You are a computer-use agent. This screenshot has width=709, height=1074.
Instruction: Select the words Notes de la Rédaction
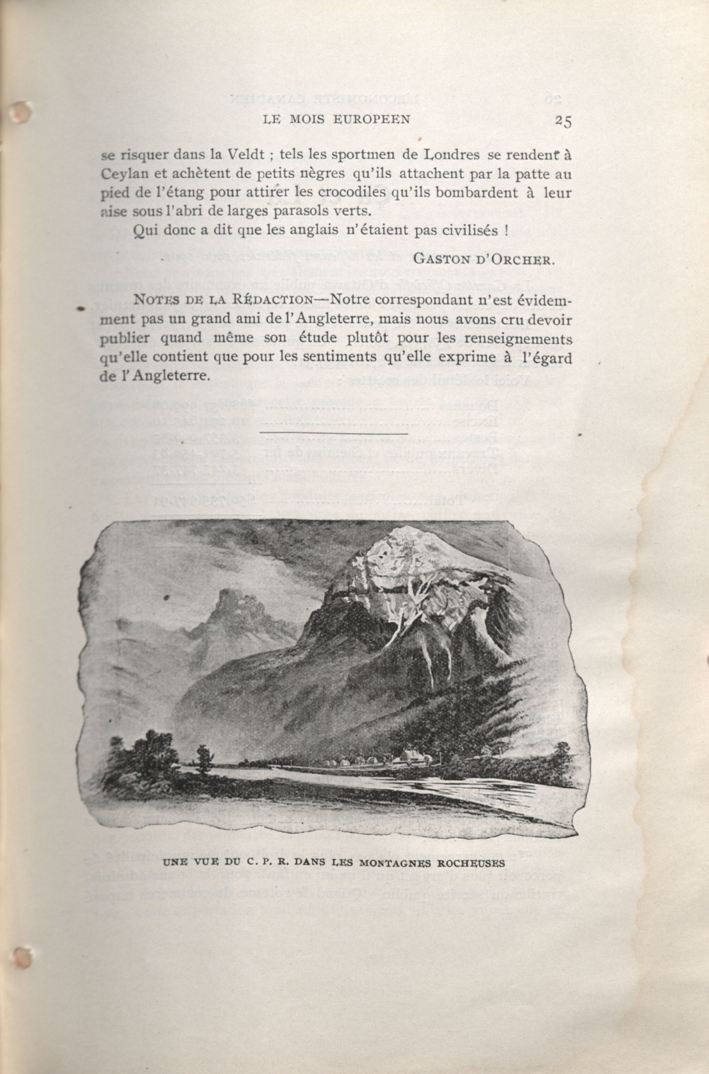223,300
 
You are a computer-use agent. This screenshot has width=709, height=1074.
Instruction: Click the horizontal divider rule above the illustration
334,432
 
